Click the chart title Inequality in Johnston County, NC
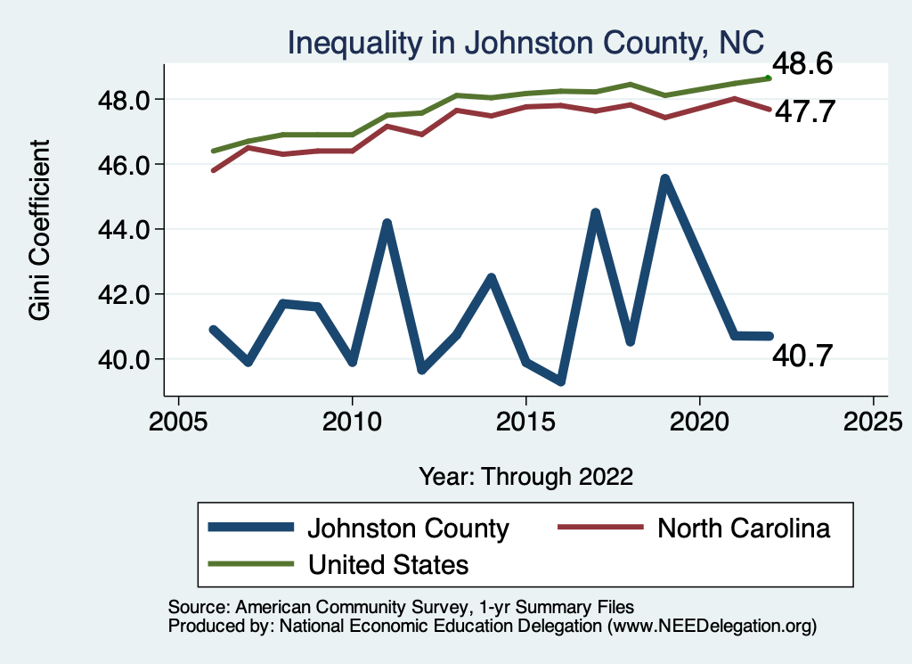(x=525, y=42)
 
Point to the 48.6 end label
(x=802, y=64)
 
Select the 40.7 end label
(x=802, y=357)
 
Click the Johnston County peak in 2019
(x=664, y=179)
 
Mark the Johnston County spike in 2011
(x=387, y=223)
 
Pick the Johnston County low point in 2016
(x=560, y=381)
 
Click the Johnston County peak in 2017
(x=595, y=213)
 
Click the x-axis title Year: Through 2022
(x=525, y=476)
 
